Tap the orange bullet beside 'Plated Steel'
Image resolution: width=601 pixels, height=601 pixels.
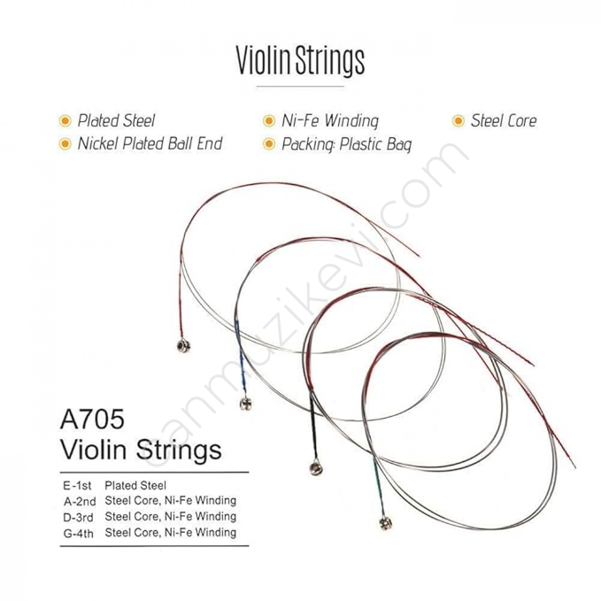(65, 121)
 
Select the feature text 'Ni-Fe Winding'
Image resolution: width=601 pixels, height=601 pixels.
(330, 121)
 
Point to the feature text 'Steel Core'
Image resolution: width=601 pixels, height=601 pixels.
(503, 121)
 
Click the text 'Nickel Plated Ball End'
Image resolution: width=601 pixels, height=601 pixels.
(150, 144)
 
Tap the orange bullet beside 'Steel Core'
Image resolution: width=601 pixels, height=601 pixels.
(458, 121)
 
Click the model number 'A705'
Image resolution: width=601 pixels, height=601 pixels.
(92, 419)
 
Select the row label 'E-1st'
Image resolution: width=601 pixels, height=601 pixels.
(77, 485)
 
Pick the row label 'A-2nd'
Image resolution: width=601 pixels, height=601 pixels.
(79, 501)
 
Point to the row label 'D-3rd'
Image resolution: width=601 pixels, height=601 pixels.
(78, 517)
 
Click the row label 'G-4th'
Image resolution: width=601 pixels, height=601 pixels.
(78, 533)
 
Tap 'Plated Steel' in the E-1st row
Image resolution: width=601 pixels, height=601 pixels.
(135, 485)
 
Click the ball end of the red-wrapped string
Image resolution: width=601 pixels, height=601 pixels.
(183, 346)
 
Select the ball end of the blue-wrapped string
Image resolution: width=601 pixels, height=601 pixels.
(246, 404)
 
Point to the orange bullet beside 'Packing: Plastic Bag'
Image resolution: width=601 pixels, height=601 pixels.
(269, 144)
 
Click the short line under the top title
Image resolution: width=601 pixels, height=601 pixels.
(300, 86)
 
